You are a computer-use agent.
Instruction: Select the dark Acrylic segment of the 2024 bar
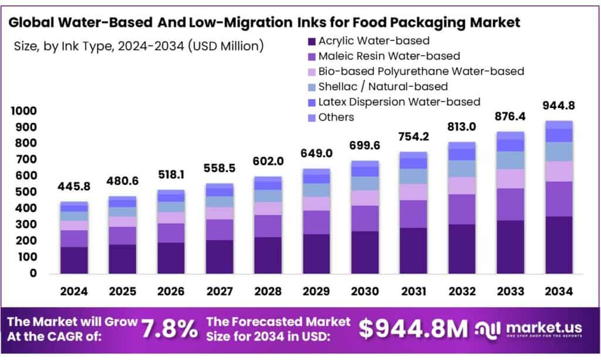tap(74, 260)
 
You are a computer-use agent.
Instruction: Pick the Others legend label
tap(336, 117)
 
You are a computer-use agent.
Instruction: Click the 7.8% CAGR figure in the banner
tap(170, 329)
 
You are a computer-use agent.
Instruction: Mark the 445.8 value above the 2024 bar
tap(74, 187)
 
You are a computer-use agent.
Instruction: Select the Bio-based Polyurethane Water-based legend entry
tap(421, 72)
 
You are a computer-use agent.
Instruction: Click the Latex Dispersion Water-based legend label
tap(399, 102)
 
